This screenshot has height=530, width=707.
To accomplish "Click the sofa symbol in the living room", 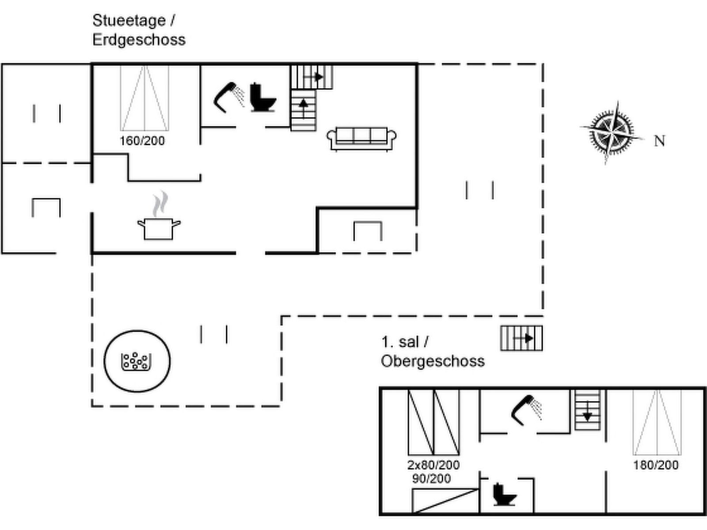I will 361,138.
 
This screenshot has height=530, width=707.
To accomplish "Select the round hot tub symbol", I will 137,361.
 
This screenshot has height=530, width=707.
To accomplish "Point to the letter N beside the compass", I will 659,141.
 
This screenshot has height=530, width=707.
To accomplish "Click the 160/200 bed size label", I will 142,141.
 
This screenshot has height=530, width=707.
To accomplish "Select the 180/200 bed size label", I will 656,465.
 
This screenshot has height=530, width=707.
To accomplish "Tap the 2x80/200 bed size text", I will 433,465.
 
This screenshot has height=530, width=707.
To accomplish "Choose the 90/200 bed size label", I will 432,479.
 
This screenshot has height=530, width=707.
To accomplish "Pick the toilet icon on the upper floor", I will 504,495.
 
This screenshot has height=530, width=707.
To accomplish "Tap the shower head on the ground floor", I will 229,96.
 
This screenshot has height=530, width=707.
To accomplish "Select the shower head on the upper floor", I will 526,409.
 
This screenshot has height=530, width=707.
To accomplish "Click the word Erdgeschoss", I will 139,40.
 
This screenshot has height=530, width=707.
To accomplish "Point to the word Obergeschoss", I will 433,361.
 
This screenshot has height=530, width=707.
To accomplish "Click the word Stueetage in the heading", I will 129,20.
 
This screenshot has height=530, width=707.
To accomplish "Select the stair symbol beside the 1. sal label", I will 521,338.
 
